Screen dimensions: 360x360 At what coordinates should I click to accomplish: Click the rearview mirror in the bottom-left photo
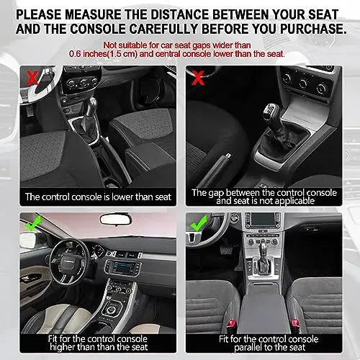coord(119,219)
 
